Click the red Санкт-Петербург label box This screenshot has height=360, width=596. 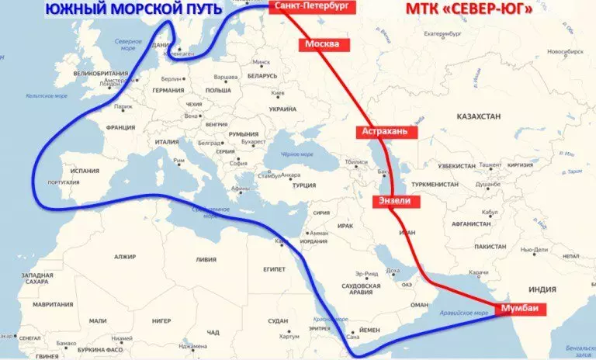[307, 8]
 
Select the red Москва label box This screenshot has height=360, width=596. [321, 44]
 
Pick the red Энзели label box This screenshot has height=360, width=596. [397, 201]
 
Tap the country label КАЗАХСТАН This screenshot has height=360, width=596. [479, 116]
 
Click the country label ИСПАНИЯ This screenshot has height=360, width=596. [81, 169]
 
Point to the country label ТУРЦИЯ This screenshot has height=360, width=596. [303, 185]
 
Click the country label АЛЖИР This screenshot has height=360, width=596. [124, 256]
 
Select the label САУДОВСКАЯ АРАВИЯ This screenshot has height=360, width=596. [361, 290]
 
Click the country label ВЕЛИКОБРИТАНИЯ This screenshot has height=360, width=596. [99, 74]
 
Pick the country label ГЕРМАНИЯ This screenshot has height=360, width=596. [168, 91]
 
